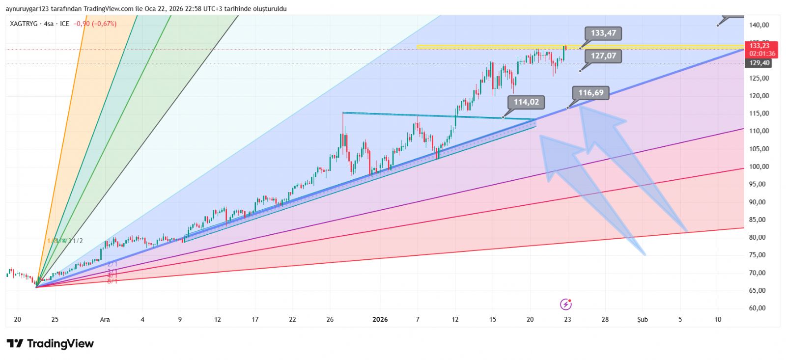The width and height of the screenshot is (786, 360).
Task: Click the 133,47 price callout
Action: (603, 33)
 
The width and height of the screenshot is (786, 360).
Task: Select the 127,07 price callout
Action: (603, 56)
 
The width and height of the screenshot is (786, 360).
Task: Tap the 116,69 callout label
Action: (590, 93)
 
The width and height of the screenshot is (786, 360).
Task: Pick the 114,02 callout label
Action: (526, 102)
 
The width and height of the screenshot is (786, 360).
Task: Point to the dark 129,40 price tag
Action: (759, 63)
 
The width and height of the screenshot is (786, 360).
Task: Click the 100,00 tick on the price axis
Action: (758, 166)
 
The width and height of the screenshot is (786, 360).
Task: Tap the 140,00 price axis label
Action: (759, 25)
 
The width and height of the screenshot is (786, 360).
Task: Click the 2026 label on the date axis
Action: (380, 320)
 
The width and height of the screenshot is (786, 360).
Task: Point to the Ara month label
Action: (105, 320)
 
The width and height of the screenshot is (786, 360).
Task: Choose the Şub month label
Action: (643, 320)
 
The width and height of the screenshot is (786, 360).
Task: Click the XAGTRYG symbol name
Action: (24, 24)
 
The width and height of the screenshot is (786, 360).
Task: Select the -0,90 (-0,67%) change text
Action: (95, 24)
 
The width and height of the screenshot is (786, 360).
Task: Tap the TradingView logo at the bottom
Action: (50, 344)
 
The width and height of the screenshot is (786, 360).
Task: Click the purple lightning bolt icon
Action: (566, 305)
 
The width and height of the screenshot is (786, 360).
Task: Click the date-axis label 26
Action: (330, 320)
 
